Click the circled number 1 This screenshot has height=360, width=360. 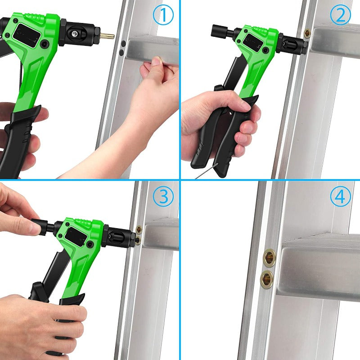coord(163,15)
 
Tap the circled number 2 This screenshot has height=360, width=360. coord(341,15)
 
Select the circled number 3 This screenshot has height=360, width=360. coord(163,197)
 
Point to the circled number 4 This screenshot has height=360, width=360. coord(341,197)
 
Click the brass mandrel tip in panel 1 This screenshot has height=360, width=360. coord(107,36)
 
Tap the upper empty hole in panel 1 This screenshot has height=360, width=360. coord(123,43)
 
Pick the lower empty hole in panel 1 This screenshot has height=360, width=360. coord(121,53)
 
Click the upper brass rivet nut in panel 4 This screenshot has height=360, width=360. coord(269,258)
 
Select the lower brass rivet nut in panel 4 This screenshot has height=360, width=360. coord(267,279)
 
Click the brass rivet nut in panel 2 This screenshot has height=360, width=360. coord(307,33)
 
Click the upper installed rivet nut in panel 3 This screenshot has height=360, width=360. coord(139,229)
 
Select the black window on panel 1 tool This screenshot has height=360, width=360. coord(27,36)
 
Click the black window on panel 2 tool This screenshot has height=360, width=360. coord(253,41)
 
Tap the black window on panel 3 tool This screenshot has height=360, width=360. coord(76,237)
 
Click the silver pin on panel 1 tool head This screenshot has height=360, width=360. coord(74,34)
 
